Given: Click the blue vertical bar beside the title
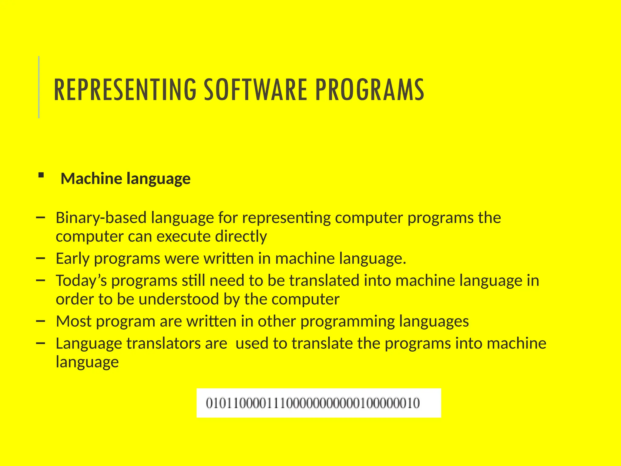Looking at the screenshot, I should tap(39, 87).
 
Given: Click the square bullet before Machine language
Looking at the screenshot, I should tap(41, 175).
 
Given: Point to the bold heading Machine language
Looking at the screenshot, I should tap(126, 178).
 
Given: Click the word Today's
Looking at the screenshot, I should tap(81, 280).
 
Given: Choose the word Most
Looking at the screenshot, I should tap(74, 321).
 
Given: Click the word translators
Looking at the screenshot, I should tap(163, 343).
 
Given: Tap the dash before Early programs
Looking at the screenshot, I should tap(40, 258).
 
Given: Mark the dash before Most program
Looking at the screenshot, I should tap(40, 321).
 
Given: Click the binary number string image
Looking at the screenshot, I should tap(318, 403).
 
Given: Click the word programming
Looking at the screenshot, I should tap(347, 321).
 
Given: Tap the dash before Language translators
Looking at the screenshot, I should tap(40, 343).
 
